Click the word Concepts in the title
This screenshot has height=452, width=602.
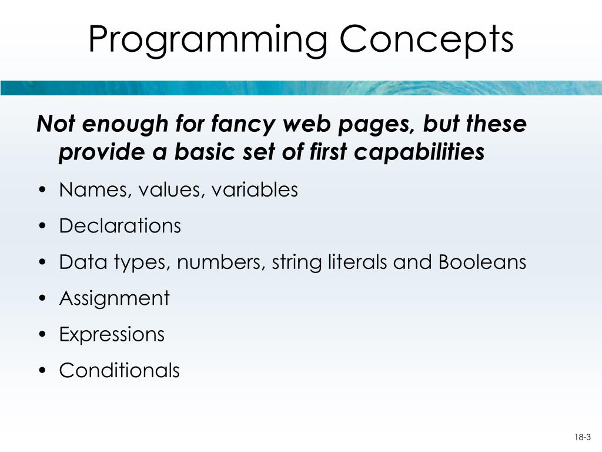coord(427,39)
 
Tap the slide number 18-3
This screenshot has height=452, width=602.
coord(583,437)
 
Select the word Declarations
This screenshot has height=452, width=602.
coord(120,226)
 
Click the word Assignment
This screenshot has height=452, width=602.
coord(114,298)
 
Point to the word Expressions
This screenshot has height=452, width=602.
coord(112,334)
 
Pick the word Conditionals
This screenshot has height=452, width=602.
coord(119,370)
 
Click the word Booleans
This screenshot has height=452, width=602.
coord(482,262)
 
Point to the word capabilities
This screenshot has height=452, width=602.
coord(419,152)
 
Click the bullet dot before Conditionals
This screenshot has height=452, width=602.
coord(42,371)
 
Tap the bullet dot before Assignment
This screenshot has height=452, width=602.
coord(42,299)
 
